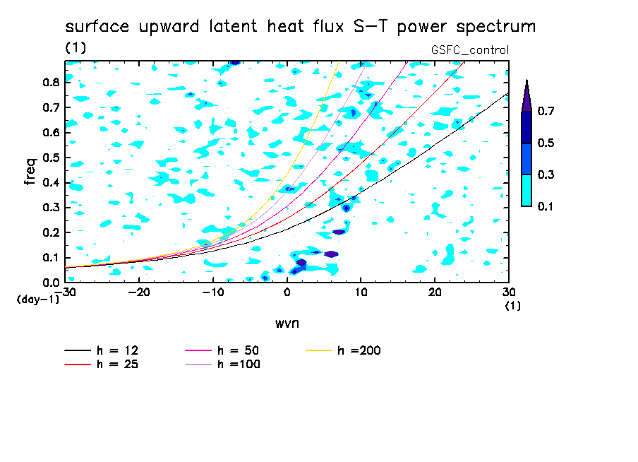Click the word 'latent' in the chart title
click(x=233, y=26)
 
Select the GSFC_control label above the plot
click(x=470, y=50)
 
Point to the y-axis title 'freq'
click(x=30, y=172)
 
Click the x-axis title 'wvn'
click(x=287, y=324)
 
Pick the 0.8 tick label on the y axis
click(x=51, y=82)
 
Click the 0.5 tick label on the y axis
click(x=51, y=158)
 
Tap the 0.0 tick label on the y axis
click(x=51, y=283)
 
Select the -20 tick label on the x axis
click(x=139, y=292)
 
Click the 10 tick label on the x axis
click(x=361, y=292)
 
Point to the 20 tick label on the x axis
click(x=435, y=292)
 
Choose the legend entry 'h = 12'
click(x=102, y=350)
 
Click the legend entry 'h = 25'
click(x=102, y=364)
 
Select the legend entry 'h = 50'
click(x=222, y=350)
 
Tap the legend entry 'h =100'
click(x=222, y=364)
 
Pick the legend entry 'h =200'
click(x=344, y=350)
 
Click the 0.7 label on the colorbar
click(x=546, y=111)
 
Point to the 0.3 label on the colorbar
click(x=546, y=174)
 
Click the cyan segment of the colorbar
click(x=526, y=190)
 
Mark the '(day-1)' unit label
click(x=38, y=300)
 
